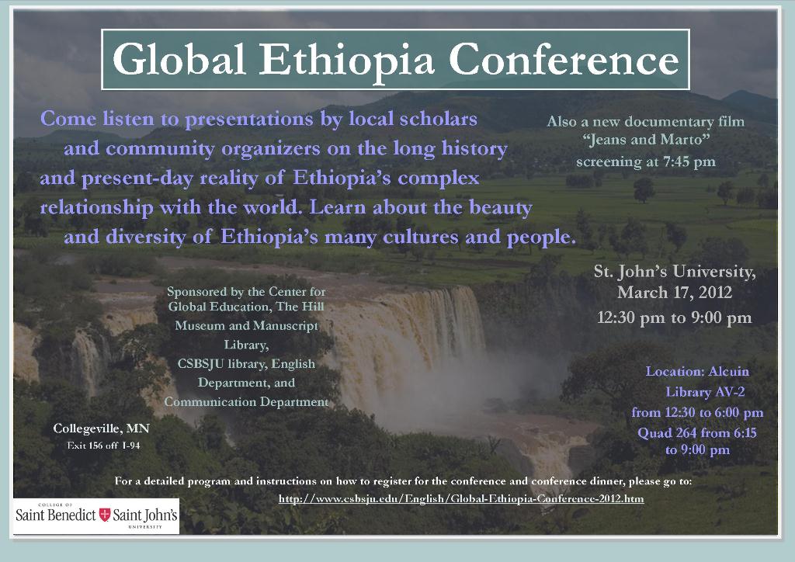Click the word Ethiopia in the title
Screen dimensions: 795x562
point(347,60)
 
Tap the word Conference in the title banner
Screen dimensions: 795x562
point(564,60)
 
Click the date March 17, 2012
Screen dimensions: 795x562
point(675,293)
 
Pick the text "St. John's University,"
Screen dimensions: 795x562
point(675,272)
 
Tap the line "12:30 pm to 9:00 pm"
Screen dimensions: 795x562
point(675,317)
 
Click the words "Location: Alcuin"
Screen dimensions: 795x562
point(697,372)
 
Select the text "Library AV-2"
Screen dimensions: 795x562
point(705,392)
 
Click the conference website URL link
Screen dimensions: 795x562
point(461,498)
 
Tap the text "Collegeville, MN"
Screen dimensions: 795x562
point(102,428)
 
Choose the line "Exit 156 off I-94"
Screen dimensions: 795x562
point(103,446)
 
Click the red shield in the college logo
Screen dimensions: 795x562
point(105,515)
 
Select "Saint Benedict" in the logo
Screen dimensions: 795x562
point(56,515)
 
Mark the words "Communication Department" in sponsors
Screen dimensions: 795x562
point(246,402)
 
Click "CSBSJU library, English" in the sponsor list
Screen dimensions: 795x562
point(246,364)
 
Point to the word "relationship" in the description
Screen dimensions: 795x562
point(96,208)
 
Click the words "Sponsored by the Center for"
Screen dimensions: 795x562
point(246,292)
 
